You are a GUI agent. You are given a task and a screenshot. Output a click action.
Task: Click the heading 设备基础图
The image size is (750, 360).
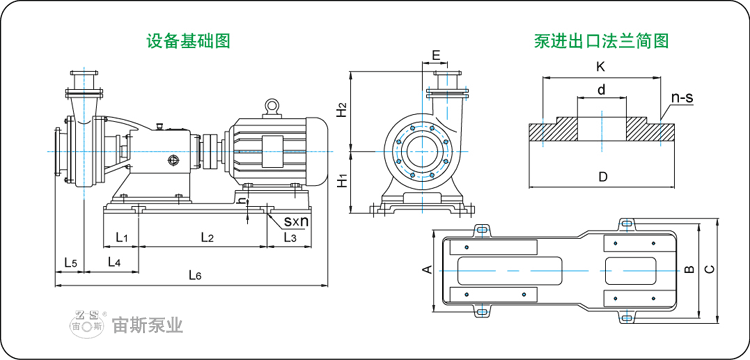point(188,41)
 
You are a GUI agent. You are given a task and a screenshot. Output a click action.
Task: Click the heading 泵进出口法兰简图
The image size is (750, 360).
point(601,41)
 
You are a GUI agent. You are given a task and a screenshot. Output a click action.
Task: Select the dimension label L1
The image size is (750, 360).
point(121,237)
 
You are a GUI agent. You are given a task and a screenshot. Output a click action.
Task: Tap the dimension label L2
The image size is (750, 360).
point(208,237)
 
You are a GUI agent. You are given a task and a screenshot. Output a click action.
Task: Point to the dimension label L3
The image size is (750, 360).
point(290,237)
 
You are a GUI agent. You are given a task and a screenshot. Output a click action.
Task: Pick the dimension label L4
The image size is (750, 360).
point(114,262)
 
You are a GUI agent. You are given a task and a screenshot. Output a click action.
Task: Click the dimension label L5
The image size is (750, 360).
point(70,262)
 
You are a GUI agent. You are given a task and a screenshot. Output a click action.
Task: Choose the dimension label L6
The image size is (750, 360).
point(196,275)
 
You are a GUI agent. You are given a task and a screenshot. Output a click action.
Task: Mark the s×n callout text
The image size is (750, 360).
point(295,220)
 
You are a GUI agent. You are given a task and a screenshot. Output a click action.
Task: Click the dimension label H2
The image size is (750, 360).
point(342,109)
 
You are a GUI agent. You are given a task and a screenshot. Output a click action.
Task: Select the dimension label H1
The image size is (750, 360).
point(342,181)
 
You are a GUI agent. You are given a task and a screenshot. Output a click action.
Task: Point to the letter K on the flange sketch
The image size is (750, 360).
point(600,67)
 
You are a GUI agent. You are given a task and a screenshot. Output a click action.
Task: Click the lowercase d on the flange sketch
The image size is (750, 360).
point(600,90)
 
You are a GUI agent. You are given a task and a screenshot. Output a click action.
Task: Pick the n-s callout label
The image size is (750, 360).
point(683,98)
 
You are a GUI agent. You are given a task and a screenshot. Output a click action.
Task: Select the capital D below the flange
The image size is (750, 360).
point(602,177)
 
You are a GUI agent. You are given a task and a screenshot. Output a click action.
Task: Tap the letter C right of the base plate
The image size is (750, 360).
point(710,269)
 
